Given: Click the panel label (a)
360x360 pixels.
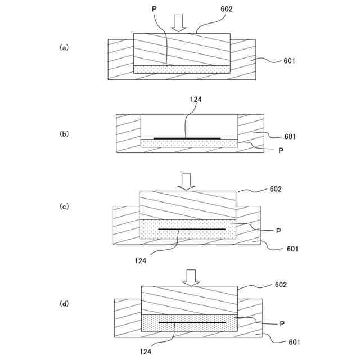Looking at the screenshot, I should (64, 48).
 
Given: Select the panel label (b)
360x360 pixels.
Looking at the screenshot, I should (64, 134).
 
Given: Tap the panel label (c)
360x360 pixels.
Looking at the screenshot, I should (64, 206).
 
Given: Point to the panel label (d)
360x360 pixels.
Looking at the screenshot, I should (64, 304).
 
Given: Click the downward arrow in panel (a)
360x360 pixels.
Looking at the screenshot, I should (179, 22).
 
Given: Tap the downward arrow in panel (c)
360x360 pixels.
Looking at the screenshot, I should (186, 181).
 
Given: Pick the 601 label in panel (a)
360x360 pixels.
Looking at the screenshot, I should (290, 61).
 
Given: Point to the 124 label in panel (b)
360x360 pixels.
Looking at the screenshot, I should (196, 100).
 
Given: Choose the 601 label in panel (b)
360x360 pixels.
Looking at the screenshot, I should (290, 136).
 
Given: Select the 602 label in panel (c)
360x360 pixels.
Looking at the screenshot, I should (276, 189).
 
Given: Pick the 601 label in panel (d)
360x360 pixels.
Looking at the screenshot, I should (294, 342).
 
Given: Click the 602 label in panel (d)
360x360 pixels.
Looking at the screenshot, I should (281, 285).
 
